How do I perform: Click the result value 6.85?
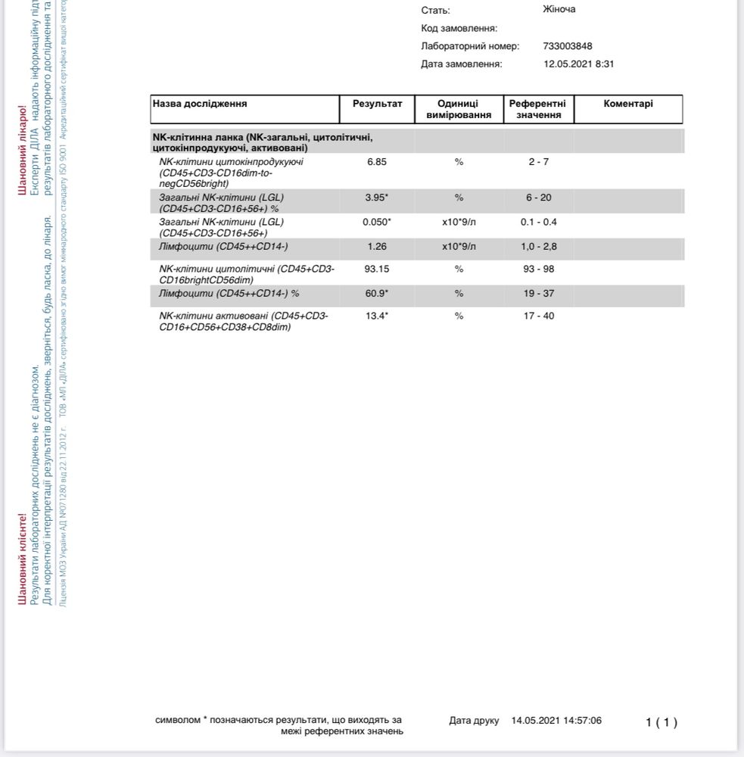click(x=377, y=162)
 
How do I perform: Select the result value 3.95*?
click(x=377, y=198)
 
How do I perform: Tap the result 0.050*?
click(x=377, y=222)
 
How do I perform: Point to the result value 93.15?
click(x=377, y=269)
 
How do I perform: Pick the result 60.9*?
click(x=377, y=293)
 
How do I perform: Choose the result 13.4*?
click(x=377, y=316)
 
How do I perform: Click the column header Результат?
click(x=378, y=104)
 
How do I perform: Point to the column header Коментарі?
click(x=628, y=104)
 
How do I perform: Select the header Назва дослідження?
click(x=200, y=104)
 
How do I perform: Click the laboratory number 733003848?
click(x=568, y=46)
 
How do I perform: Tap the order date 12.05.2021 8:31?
click(x=578, y=64)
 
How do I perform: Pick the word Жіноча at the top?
click(x=559, y=9)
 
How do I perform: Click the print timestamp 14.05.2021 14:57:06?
click(x=556, y=721)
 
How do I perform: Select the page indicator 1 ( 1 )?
click(x=662, y=722)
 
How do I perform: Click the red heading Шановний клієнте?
click(x=23, y=559)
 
